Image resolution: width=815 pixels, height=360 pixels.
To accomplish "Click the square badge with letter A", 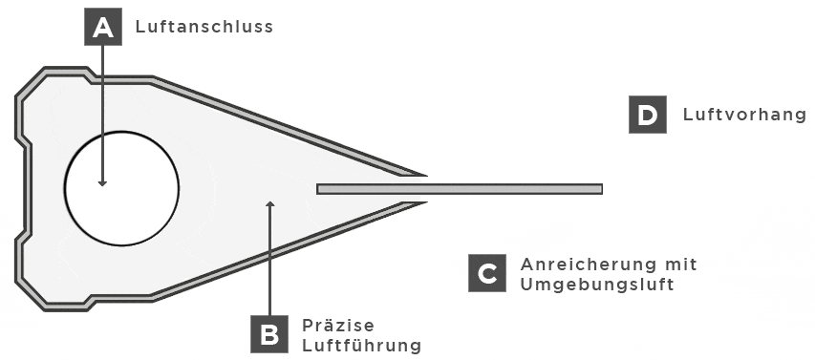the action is point(103,27).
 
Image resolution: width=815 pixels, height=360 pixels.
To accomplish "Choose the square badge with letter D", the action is point(647,116).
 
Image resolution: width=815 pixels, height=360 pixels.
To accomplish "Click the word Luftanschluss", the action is point(204,28).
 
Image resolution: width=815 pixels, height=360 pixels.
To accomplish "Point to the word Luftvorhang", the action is point(744,116).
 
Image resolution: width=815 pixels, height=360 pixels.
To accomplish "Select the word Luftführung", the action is point(361,345).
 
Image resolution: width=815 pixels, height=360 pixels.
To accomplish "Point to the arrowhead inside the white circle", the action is point(102,181).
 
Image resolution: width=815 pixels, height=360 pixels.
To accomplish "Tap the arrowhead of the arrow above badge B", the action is point(269,202).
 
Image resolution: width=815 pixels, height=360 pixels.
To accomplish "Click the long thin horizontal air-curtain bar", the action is point(459,189).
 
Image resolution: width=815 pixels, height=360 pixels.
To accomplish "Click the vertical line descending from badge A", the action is point(102,105).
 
